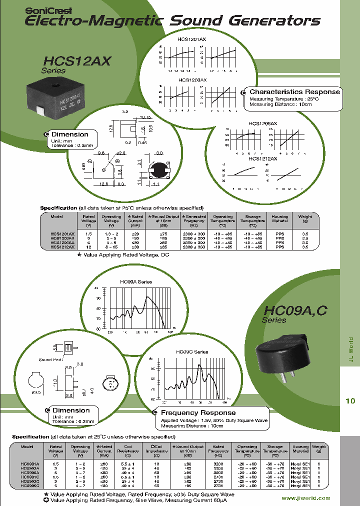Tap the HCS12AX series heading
tap(77, 61)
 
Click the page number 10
tap(350, 400)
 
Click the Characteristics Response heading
tap(294, 92)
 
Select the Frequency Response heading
tap(198, 412)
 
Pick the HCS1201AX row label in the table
tap(62, 234)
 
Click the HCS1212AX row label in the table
tap(62, 247)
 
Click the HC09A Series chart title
tap(136, 282)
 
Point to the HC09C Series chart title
tap(192, 352)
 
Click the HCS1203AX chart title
tap(192, 79)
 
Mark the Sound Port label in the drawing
tap(51, 359)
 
